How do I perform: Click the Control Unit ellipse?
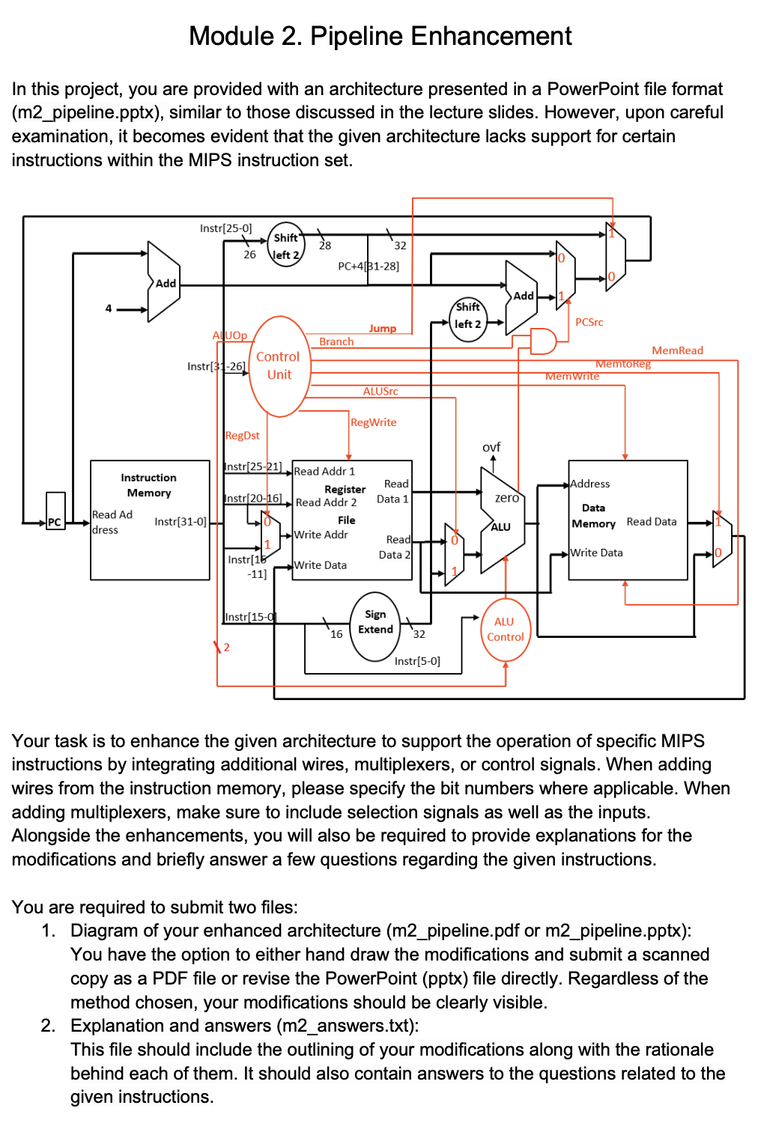pos(279,366)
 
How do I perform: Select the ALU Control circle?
pos(505,630)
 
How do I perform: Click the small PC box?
pos(55,511)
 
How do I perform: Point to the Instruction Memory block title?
pos(149,485)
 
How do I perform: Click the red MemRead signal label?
pos(677,350)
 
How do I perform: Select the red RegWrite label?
pos(373,422)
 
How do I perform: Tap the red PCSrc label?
pos(589,322)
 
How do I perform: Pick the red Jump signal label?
pos(382,328)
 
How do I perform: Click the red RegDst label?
pos(242,435)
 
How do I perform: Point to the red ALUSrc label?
pos(380,391)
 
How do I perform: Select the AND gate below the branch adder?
pos(543,341)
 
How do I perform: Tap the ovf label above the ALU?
pos(491,447)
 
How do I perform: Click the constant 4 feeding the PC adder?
pos(109,308)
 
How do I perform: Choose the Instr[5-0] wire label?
pos(417,661)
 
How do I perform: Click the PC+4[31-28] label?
pos(369,266)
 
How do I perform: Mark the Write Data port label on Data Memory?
pos(596,553)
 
